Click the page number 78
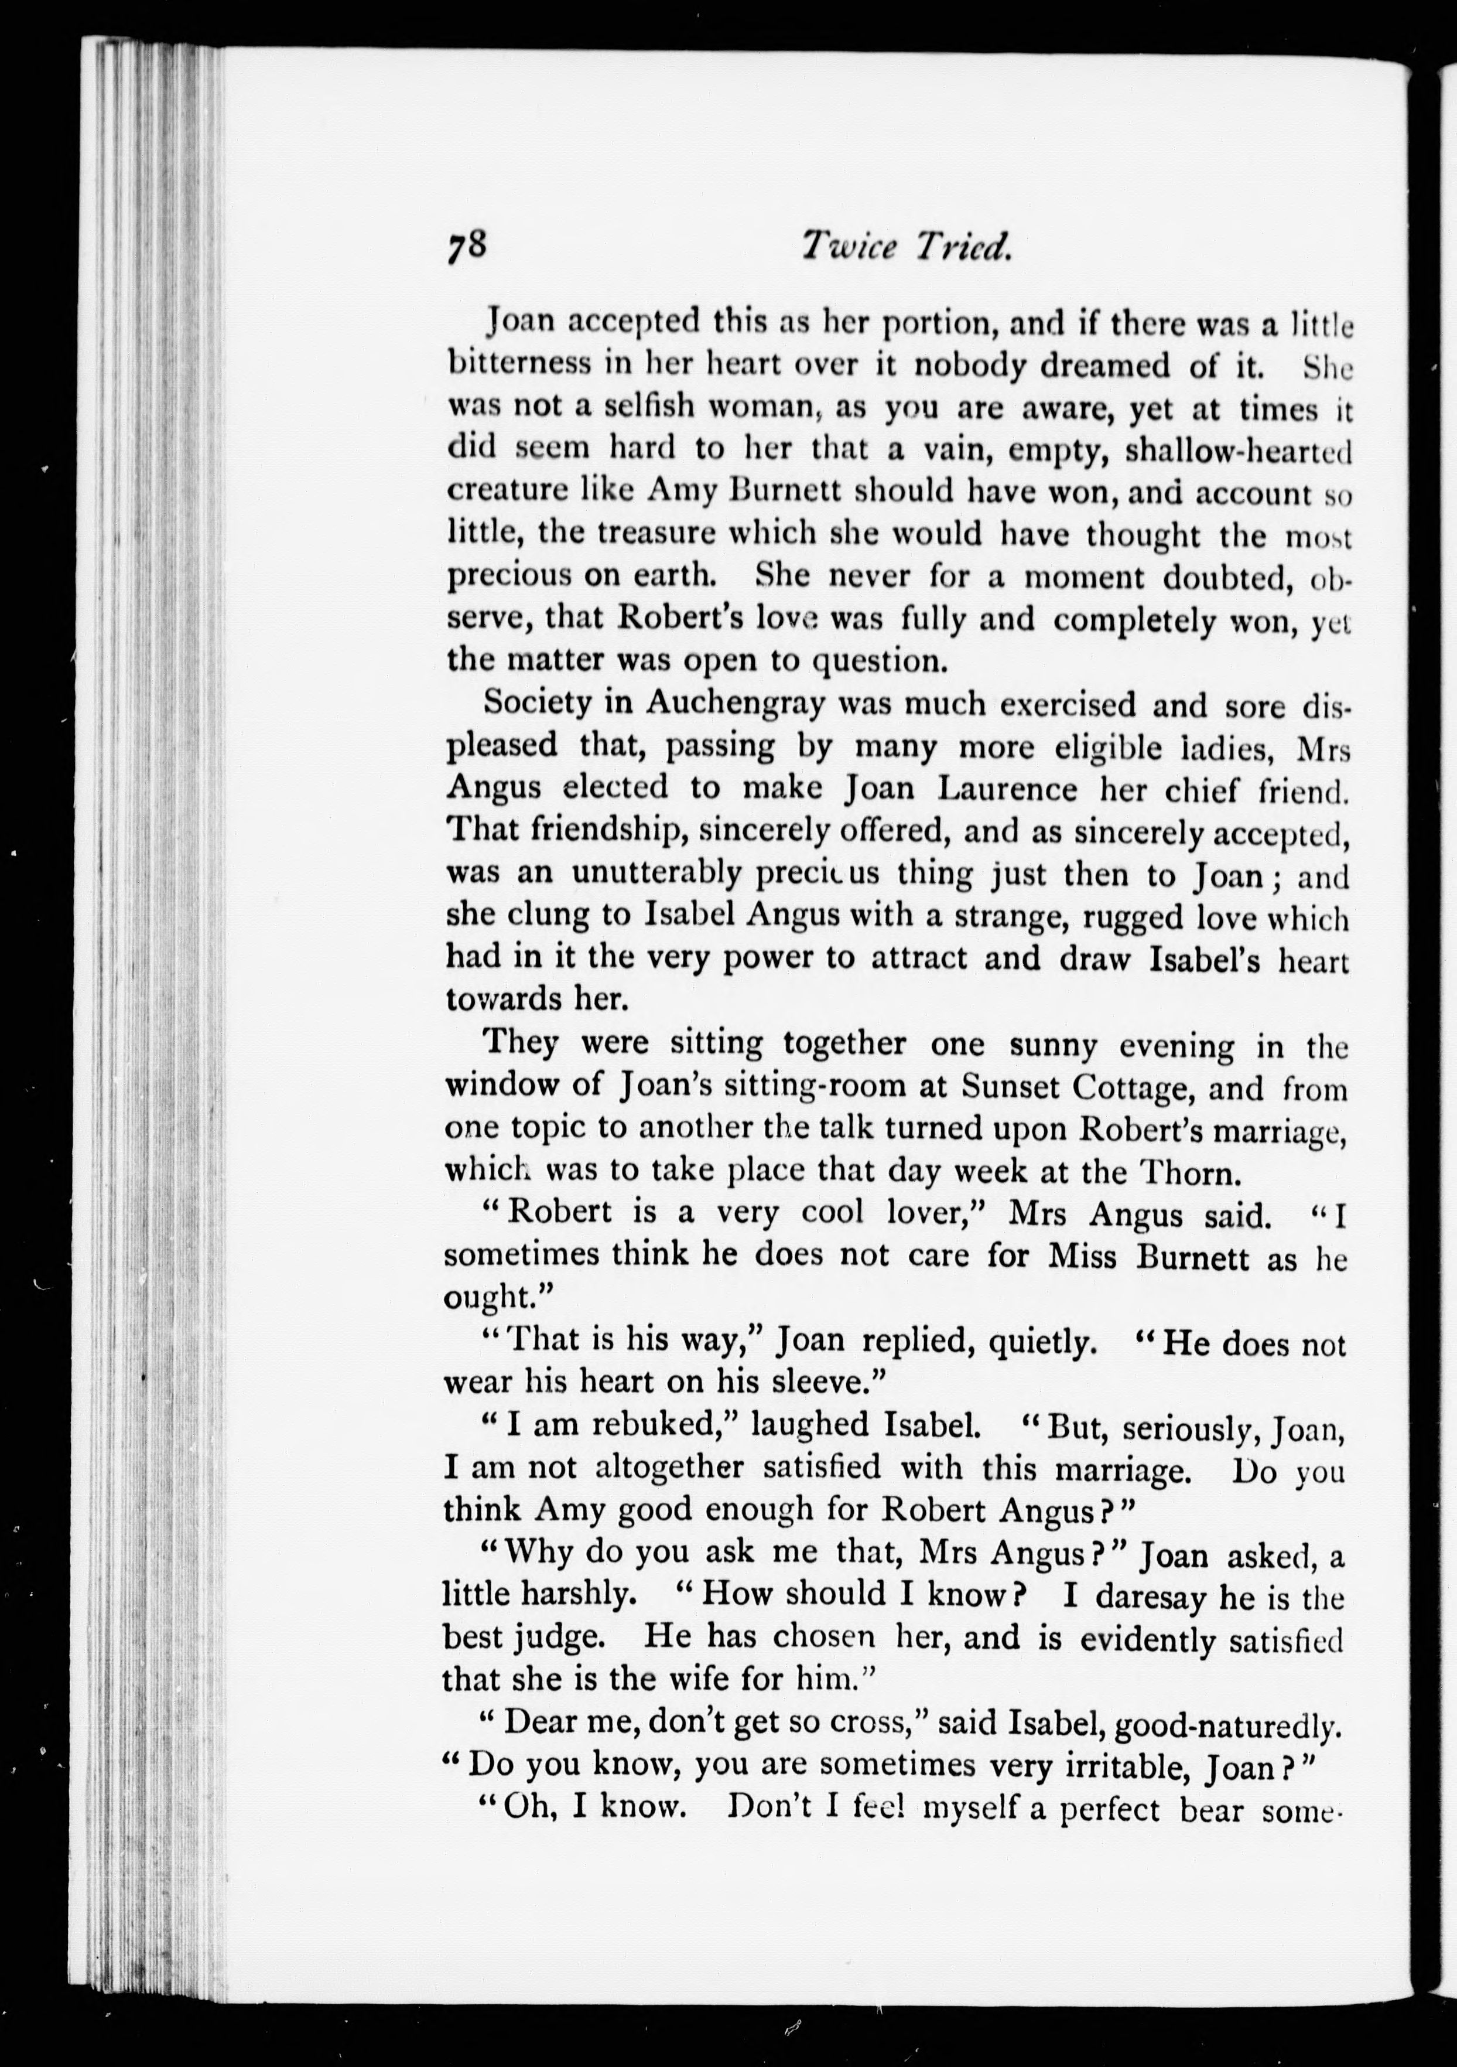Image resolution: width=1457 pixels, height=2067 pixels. [464, 245]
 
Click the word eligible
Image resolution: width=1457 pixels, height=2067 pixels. [1017, 747]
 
